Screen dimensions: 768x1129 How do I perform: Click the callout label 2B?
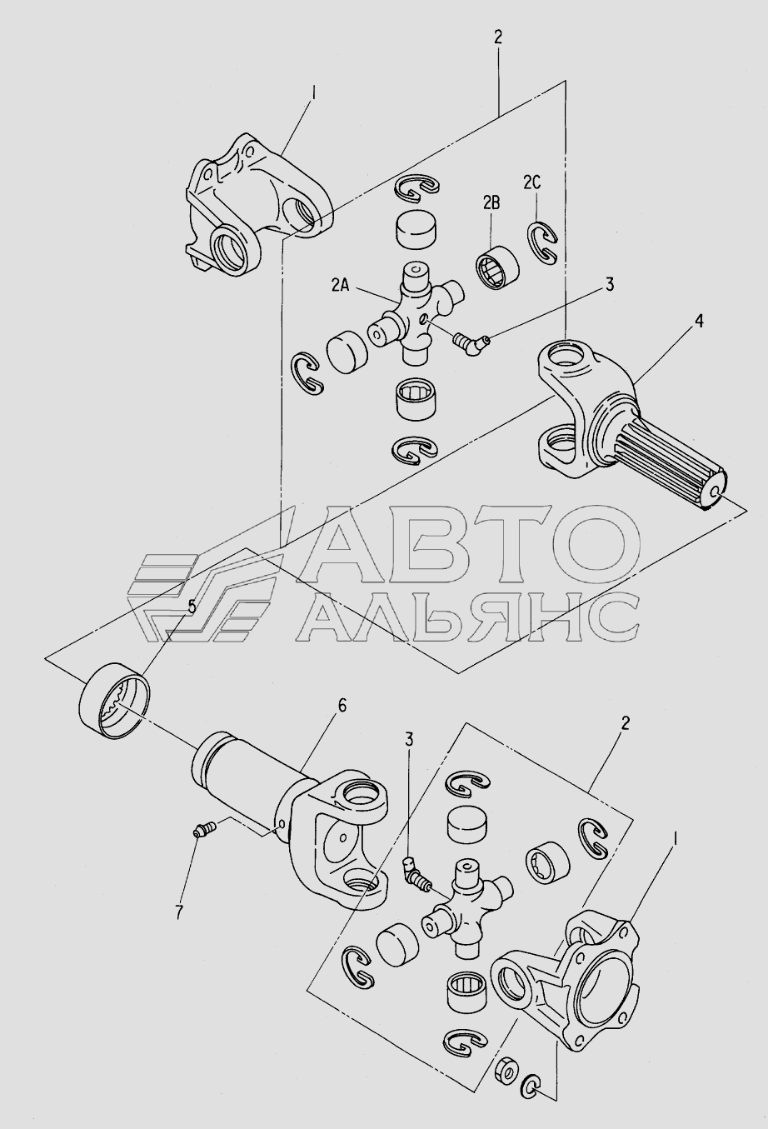pos(491,203)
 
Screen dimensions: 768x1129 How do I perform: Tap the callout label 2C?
pos(531,183)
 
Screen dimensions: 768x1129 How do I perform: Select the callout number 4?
pos(699,322)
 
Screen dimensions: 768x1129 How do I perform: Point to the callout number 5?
pos(192,607)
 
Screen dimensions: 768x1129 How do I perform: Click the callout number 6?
pos(342,706)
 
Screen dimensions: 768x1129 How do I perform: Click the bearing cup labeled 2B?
pos(496,265)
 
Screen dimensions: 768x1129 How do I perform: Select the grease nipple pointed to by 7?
pos(206,828)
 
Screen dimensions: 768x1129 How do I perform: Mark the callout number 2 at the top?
pos(498,37)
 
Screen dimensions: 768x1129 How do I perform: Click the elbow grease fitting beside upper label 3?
pos(470,344)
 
